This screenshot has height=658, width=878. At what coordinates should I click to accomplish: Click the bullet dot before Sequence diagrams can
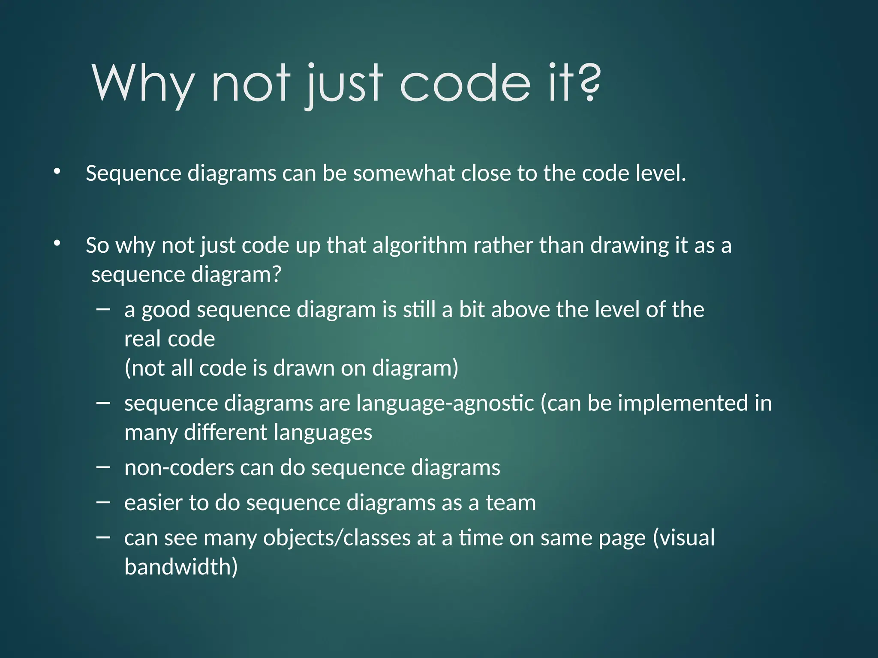[57, 172]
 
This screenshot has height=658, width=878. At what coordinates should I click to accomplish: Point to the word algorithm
[419, 245]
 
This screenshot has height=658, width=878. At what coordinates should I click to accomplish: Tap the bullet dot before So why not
[57, 244]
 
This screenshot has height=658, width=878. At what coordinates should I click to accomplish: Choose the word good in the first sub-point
[165, 310]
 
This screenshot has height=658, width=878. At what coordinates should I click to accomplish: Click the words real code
[169, 339]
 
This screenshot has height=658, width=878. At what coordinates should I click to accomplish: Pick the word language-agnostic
[445, 404]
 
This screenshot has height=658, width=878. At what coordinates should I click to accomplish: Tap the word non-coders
[179, 468]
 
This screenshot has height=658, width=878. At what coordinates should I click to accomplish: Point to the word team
[511, 503]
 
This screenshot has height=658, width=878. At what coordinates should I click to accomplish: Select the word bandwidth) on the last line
[181, 567]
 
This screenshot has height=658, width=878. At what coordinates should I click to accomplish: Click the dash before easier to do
[103, 502]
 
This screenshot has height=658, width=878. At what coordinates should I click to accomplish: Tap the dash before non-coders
[103, 467]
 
